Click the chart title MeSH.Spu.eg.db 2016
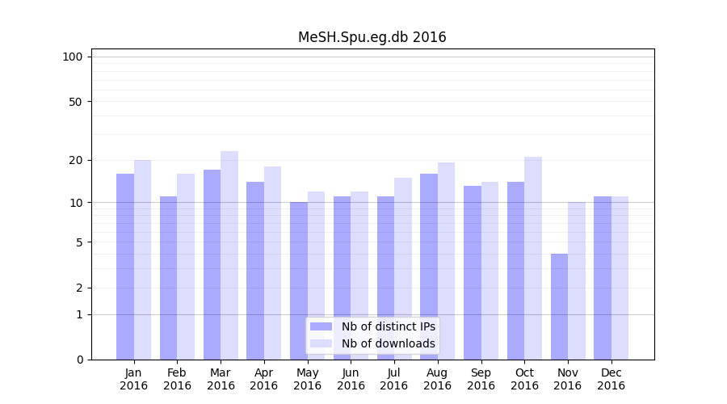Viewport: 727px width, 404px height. [372, 37]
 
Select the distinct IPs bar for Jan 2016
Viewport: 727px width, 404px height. [125, 267]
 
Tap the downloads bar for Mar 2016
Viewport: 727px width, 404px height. [229, 255]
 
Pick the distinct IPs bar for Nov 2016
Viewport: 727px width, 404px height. [559, 307]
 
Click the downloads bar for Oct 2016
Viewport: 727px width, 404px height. [533, 259]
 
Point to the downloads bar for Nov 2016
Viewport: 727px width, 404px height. [577, 280]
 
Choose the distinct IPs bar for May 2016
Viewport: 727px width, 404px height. [299, 280]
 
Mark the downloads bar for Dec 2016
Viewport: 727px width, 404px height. [620, 278]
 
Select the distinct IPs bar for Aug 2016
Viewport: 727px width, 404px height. [429, 267]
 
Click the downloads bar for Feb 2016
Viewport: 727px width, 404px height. [186, 267]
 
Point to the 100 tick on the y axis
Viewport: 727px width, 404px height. [73, 57]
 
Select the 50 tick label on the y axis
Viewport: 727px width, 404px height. [75, 102]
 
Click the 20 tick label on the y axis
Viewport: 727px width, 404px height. [75, 160]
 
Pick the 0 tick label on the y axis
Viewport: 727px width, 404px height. [79, 360]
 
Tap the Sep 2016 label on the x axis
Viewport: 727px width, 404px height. [481, 379]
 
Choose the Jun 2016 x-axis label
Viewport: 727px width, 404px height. [351, 379]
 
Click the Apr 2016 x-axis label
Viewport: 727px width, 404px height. [264, 379]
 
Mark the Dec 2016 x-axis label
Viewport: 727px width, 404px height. [611, 379]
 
